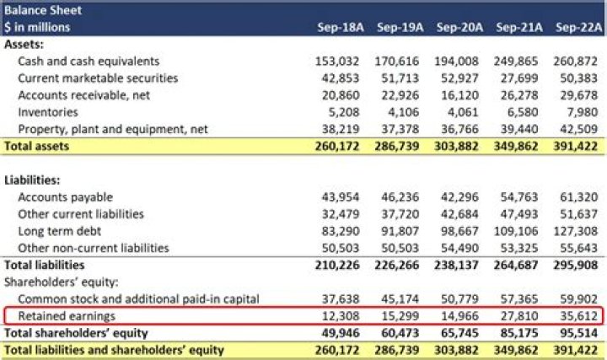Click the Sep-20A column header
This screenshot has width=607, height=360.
coord(459,28)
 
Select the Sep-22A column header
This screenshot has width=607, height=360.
coord(577,28)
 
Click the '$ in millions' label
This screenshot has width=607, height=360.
coord(37,28)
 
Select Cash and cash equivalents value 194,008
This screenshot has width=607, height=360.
coord(457,62)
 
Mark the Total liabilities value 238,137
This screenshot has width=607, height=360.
coord(457,265)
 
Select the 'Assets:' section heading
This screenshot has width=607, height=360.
coord(25,45)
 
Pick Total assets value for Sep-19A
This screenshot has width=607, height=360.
coord(396,146)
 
